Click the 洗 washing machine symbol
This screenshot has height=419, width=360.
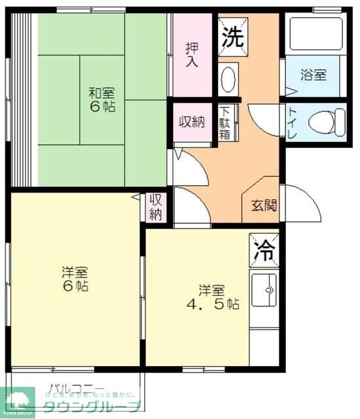232,36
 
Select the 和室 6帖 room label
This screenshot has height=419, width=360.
102,98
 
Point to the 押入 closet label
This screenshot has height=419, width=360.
192,55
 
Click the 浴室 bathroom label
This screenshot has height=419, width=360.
314,74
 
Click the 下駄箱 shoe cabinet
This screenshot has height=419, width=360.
225,122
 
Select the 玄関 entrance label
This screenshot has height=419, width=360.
264,204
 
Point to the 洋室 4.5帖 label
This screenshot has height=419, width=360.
213,297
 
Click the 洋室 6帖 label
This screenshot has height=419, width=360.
75,278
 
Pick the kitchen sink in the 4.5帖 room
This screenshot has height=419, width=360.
264,289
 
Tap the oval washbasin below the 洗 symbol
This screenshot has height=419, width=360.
228,80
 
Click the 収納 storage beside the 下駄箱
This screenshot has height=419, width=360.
192,122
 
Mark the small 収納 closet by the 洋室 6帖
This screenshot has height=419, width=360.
156,206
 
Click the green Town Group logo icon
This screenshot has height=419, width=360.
20,398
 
